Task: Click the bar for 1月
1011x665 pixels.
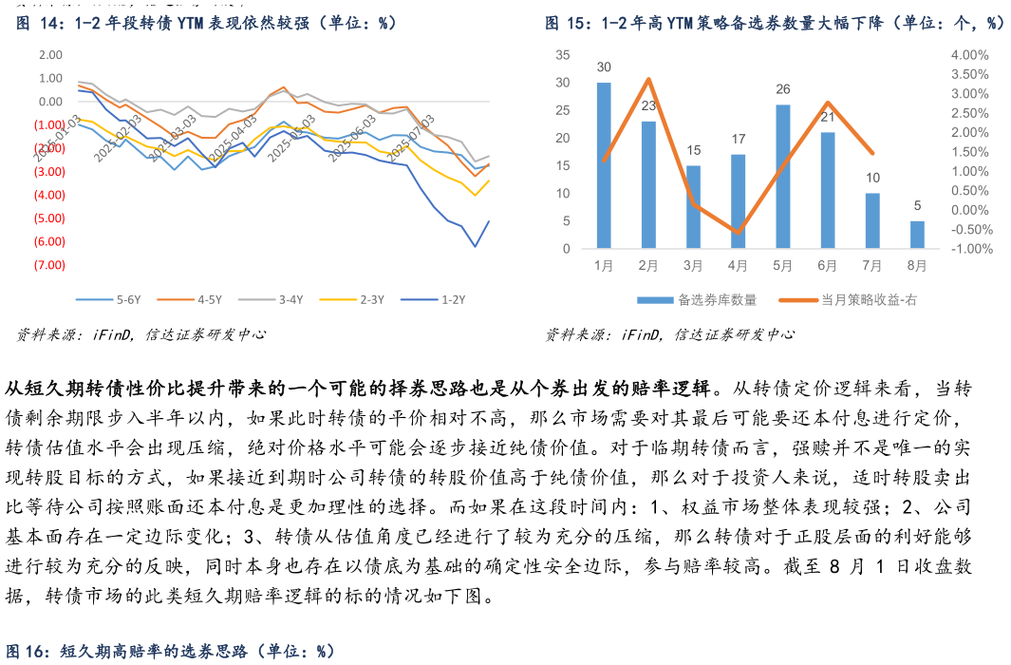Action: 604,165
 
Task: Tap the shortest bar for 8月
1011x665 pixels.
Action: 917,235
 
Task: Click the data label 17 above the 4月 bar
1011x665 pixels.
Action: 738,140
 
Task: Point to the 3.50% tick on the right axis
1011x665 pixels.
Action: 969,74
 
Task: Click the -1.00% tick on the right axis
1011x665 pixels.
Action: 969,249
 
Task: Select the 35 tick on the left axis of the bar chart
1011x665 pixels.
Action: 562,55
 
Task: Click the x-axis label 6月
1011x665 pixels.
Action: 827,267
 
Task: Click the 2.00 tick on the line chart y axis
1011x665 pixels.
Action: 50,55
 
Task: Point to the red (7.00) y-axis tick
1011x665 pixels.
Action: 49,265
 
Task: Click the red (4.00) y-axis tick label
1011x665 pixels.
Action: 49,195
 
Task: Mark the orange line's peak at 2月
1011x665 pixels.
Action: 648,79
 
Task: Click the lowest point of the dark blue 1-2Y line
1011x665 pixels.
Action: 476,247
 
